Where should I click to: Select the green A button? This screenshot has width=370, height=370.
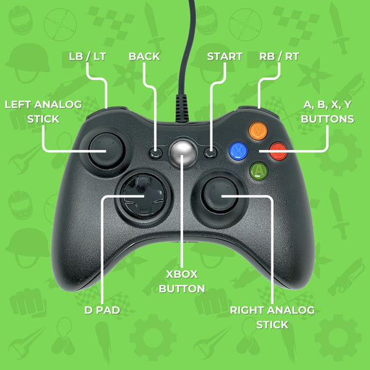point(259,172)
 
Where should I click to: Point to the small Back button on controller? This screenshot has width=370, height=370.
point(156,153)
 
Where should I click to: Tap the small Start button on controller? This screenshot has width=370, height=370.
point(211,153)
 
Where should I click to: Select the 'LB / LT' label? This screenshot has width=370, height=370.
point(87,56)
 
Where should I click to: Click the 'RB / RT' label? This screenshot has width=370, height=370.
point(279,56)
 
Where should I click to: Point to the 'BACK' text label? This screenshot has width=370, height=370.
point(144,56)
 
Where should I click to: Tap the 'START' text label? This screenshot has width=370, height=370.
point(225,56)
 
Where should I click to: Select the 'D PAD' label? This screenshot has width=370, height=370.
point(103,310)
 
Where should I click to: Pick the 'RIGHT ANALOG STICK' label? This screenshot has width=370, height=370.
point(272,317)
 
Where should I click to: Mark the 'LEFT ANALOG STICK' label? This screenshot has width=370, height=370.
point(43,111)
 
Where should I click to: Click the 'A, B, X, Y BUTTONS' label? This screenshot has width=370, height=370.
point(328,111)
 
